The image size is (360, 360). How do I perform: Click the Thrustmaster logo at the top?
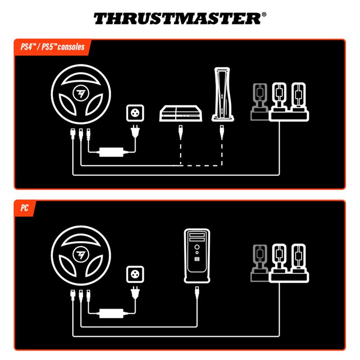(x=180, y=18)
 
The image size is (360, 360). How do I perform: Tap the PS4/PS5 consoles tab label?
(x=53, y=47)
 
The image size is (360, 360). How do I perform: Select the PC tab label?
(x=24, y=208)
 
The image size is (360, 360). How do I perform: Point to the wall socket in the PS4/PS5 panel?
(x=135, y=113)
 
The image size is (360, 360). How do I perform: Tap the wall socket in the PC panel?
(x=135, y=274)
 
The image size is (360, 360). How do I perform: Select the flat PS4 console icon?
(x=181, y=113)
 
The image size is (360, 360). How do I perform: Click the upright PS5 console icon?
(x=222, y=94)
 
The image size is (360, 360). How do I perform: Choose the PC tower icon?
(x=197, y=256)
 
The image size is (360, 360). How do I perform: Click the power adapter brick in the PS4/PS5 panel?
(x=111, y=152)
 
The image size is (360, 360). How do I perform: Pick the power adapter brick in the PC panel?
(x=111, y=313)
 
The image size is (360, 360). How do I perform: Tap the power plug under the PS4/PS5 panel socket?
(x=135, y=131)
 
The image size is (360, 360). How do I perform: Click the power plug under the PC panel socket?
(x=135, y=293)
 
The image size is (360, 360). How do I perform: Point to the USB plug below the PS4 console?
(x=181, y=132)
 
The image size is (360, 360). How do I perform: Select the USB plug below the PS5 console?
(x=222, y=132)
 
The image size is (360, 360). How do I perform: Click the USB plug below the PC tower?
(x=197, y=293)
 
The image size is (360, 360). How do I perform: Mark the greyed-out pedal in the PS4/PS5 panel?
(x=260, y=102)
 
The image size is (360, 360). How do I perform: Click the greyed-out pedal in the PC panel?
(x=260, y=263)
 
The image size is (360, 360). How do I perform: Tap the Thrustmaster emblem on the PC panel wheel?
(x=81, y=254)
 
